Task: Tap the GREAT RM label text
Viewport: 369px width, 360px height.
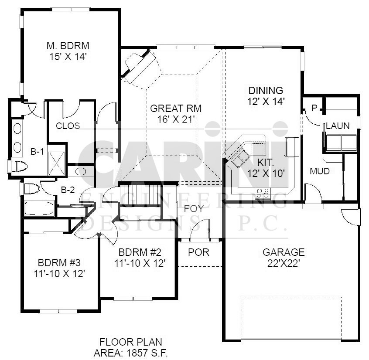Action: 176,109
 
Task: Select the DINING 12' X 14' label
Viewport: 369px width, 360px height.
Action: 266,91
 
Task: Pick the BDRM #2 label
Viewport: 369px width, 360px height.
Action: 140,252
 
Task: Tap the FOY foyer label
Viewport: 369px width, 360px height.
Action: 194,208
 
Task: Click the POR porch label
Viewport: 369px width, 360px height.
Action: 198,252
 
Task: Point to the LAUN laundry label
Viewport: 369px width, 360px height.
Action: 338,126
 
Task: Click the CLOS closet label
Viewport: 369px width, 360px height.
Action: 68,126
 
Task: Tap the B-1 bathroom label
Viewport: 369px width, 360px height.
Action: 37,152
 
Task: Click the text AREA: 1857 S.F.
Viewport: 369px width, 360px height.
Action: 130,351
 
